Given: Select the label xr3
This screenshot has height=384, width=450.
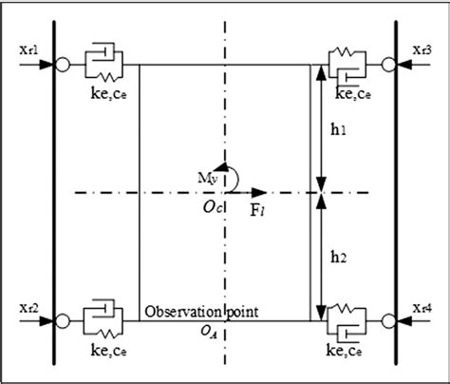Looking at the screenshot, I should coord(424,48).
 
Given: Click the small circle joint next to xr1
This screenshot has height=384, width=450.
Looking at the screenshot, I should coord(63,65).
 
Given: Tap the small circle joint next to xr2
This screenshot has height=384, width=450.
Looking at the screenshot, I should coord(63,320).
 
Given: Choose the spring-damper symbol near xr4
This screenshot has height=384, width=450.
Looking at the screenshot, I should coord(347,319).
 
